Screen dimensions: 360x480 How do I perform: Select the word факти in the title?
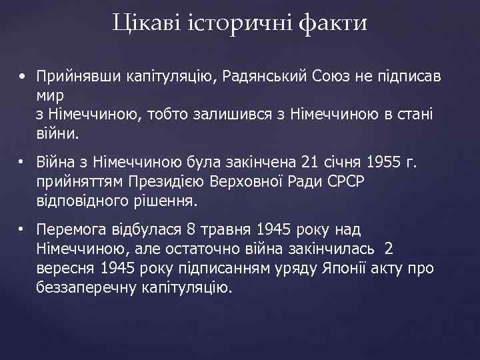333,24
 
